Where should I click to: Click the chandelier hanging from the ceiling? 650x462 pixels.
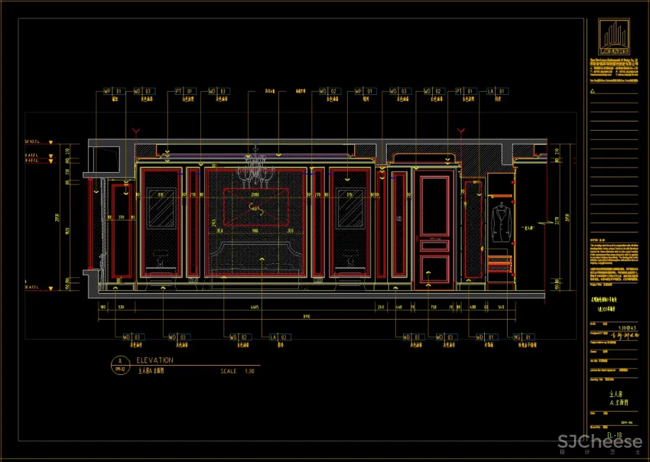pos(255,170)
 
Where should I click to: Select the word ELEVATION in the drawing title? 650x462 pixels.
pos(155,360)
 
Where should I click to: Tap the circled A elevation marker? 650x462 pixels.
pos(118,362)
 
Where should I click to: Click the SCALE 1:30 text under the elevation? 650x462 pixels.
pos(237,372)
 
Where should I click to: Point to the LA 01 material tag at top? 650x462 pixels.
pos(497,92)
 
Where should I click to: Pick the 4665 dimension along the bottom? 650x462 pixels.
pos(255,307)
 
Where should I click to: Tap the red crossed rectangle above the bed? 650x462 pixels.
pos(255,207)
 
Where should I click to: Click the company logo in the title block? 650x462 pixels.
pos(614,36)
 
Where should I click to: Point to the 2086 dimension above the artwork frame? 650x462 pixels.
pos(255,194)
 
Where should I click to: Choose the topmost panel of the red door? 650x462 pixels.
pos(435,205)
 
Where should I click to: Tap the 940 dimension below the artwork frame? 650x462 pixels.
pos(255,230)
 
